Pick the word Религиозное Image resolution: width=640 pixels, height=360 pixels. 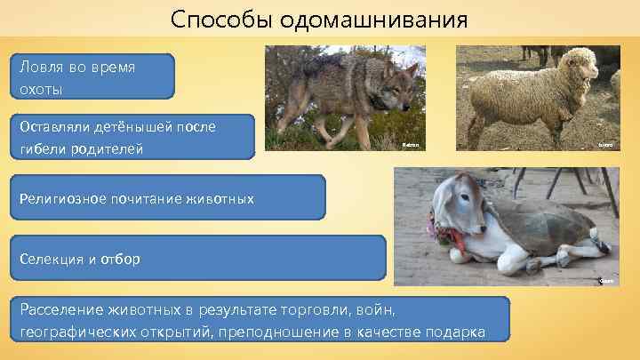(x=63, y=198)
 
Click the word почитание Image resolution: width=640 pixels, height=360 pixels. (x=151, y=198)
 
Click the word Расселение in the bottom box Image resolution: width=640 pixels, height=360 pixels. (x=59, y=310)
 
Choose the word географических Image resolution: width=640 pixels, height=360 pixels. (x=74, y=332)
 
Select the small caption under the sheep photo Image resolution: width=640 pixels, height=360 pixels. (x=604, y=143)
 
